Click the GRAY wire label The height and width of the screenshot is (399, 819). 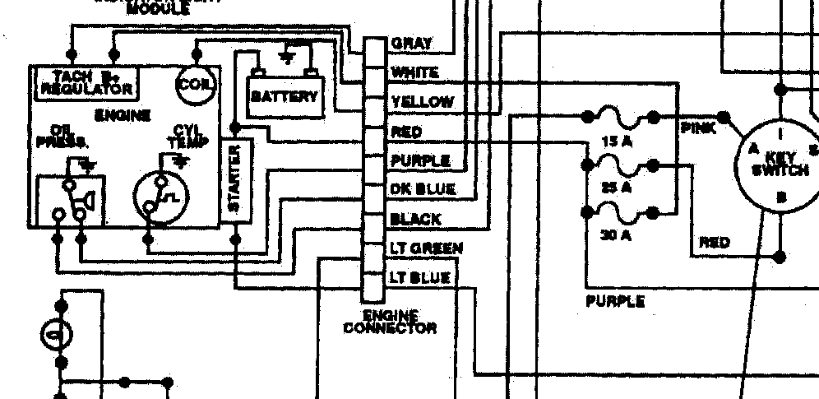[x=412, y=43]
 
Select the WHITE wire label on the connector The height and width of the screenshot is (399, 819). [x=414, y=72]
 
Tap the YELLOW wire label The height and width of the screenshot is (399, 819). [x=422, y=102]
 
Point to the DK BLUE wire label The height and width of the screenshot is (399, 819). [x=423, y=189]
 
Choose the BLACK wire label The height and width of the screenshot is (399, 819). [x=415, y=220]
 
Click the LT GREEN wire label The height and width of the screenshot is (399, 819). [x=425, y=248]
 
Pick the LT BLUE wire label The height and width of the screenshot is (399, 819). [x=420, y=277]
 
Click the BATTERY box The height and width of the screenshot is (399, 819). [x=284, y=95]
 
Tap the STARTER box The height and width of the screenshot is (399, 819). [x=235, y=178]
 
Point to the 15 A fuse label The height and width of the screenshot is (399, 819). [x=616, y=142]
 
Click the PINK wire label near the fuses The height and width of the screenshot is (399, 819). [x=698, y=128]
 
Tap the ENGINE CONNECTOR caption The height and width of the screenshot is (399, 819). [x=389, y=322]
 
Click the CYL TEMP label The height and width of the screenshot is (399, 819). [x=183, y=137]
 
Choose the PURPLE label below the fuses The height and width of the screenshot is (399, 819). [x=615, y=301]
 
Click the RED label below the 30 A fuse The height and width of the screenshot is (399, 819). [x=715, y=243]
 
